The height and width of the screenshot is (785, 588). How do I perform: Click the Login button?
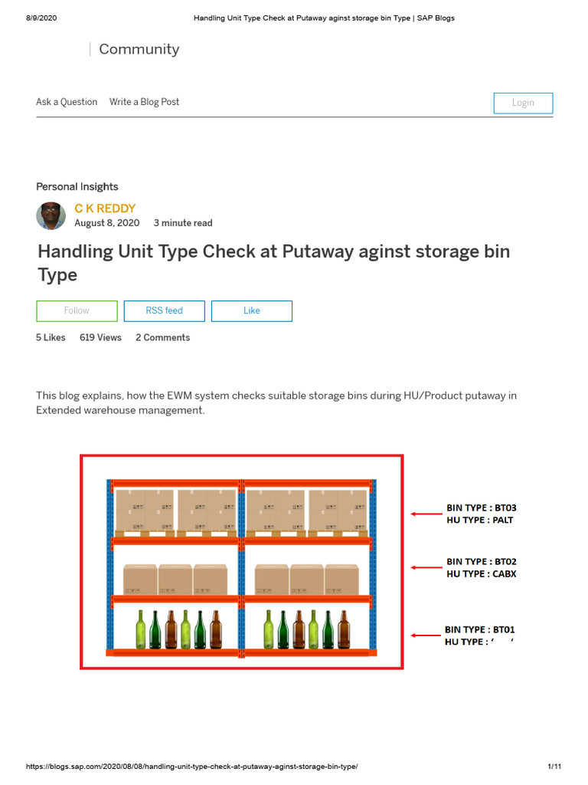click(x=523, y=103)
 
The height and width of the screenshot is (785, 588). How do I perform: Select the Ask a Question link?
click(x=67, y=102)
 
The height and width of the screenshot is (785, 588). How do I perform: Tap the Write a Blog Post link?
click(x=144, y=102)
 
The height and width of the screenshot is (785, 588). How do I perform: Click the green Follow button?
click(x=77, y=310)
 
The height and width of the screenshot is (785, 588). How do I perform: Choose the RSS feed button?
click(x=165, y=310)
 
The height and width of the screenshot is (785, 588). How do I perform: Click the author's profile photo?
click(x=51, y=216)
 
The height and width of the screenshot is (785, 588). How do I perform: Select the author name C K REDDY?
click(x=105, y=209)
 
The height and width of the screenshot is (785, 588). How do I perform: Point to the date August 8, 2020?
click(x=106, y=223)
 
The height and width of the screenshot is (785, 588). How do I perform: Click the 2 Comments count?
click(x=162, y=337)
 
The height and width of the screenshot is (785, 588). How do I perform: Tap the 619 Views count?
click(x=100, y=337)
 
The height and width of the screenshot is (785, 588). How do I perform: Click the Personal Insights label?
click(x=77, y=186)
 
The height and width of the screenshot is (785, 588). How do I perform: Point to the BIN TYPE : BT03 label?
click(x=482, y=507)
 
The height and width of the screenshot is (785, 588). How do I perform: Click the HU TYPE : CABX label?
click(x=481, y=573)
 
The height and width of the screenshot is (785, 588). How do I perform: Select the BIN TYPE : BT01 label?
click(x=480, y=629)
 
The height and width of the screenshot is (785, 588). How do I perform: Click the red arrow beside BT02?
click(x=426, y=567)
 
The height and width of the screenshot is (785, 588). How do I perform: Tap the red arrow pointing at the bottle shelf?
click(x=426, y=636)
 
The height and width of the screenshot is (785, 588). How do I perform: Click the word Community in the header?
click(x=139, y=49)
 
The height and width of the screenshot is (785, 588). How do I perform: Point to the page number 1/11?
click(x=554, y=767)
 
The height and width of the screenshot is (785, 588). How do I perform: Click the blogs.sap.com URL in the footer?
click(x=192, y=767)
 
